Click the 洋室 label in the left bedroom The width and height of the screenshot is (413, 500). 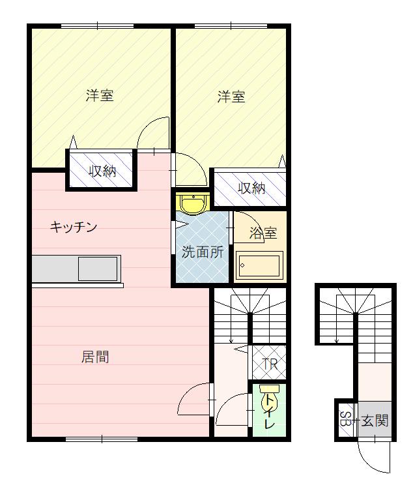[100, 95]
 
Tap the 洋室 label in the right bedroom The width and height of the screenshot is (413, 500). [231, 96]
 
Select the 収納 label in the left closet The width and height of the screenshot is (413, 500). [102, 171]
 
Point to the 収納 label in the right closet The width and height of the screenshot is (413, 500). [251, 188]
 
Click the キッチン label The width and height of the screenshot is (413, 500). [74, 227]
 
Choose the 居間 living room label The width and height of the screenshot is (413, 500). [95, 357]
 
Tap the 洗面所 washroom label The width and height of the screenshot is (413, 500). [203, 252]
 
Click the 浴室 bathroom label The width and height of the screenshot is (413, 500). [263, 233]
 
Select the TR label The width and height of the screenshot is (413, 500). [270, 364]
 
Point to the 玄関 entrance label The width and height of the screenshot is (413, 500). [375, 421]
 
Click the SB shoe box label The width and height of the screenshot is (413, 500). [345, 419]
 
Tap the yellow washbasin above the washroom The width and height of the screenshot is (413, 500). [193, 205]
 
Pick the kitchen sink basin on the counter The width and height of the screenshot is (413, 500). [98, 269]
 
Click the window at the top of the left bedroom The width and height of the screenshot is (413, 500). [98, 26]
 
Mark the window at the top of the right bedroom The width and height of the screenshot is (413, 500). [231, 26]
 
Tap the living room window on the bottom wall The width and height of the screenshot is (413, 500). [102, 439]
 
